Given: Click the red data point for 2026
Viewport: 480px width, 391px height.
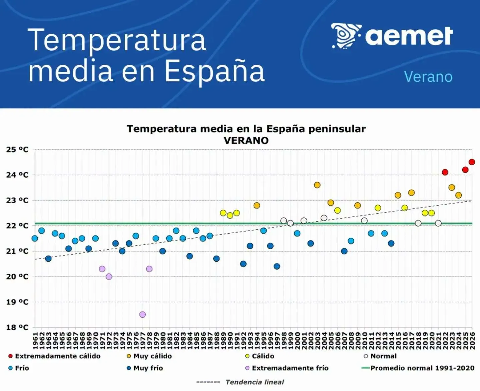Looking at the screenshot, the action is [x=472, y=162].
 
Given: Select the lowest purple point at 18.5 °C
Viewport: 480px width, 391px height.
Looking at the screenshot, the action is [x=142, y=314].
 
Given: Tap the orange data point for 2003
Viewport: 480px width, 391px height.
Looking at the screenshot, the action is [x=317, y=185].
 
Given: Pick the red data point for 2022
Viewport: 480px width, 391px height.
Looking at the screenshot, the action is [x=445, y=172].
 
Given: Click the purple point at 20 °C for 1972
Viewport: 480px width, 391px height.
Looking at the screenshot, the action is [x=109, y=277].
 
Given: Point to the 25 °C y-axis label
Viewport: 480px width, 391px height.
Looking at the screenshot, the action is [x=17, y=149].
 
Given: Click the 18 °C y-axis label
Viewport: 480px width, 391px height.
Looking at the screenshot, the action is [x=17, y=327].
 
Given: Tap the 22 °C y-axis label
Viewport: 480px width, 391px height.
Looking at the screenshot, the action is [x=17, y=226].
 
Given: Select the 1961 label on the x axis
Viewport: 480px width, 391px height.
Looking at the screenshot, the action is [x=35, y=341].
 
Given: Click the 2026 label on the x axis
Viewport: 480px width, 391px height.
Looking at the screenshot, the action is [x=472, y=341].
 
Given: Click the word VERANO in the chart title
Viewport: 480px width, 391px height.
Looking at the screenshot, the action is [x=246, y=141].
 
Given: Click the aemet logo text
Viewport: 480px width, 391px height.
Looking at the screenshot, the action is [x=409, y=36].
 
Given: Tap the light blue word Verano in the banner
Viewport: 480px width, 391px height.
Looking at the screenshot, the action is [x=428, y=77].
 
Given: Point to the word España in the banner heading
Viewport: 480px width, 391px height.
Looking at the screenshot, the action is [x=215, y=72].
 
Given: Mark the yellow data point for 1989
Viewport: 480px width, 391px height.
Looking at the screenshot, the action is [x=223, y=213].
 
